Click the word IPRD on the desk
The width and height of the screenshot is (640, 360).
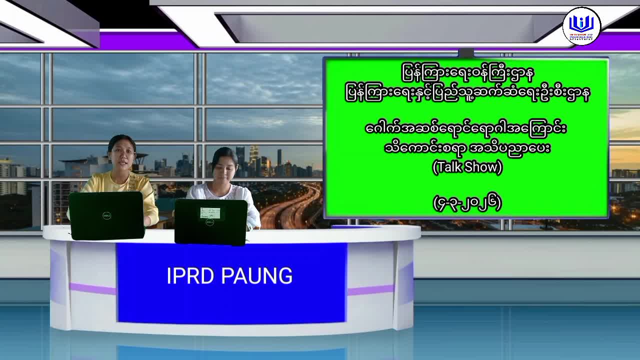[x=190, y=276]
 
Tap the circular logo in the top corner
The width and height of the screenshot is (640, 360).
[x=581, y=26]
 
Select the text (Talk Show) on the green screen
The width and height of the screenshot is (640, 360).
[x=467, y=167]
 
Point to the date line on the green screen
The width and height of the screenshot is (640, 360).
[x=467, y=203]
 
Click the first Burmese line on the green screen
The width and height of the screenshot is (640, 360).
[x=467, y=73]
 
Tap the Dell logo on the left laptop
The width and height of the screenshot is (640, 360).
[x=106, y=215]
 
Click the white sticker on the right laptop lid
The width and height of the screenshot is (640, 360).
[x=210, y=213]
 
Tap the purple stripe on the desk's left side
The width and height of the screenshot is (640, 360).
[x=92, y=288]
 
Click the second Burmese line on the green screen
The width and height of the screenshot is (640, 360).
[x=467, y=93]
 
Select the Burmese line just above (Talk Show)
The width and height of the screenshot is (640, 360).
[x=467, y=148]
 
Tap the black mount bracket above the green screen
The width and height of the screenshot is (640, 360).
[x=465, y=53]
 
